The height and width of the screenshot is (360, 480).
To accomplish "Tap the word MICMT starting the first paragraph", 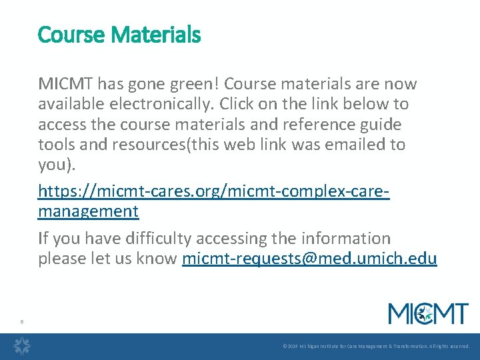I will click(66, 84).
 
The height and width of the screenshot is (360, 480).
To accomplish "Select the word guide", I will click(381, 125).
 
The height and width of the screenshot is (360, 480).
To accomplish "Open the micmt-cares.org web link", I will click(213, 192).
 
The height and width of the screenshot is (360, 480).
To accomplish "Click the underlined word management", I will click(88, 212).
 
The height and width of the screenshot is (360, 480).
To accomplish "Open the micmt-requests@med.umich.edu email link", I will click(309, 259).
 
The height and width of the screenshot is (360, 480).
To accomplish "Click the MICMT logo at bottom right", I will click(428, 313).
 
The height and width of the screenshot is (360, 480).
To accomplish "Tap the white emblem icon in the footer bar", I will click(23, 346).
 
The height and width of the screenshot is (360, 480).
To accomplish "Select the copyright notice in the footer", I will click(376, 347).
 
